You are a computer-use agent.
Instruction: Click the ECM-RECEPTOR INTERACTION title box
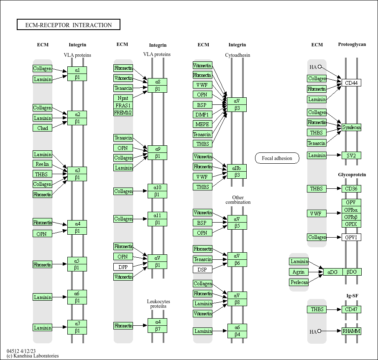tap(68, 25)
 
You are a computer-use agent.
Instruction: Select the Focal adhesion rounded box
tap(277, 158)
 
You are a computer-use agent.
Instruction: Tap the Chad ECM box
tap(42, 128)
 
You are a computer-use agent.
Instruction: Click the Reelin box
tap(42, 164)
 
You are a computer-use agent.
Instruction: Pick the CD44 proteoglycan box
tap(351, 83)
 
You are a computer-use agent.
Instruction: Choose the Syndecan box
tap(351, 127)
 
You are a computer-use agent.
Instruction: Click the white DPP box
tap(123, 267)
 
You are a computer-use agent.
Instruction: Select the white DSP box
tap(202, 270)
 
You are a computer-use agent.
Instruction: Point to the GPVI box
tap(351, 237)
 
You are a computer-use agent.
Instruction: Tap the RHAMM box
tap(351, 331)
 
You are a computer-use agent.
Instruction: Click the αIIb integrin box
tap(237, 168)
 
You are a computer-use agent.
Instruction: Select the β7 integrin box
tap(157, 330)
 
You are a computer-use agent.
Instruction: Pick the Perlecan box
tap(299, 282)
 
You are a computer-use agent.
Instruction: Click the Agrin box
tap(299, 272)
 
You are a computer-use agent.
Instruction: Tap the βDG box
tap(352, 272)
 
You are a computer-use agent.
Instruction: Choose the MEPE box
tap(202, 124)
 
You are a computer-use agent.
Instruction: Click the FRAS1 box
tap(123, 105)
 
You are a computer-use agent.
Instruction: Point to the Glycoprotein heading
tap(352, 175)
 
